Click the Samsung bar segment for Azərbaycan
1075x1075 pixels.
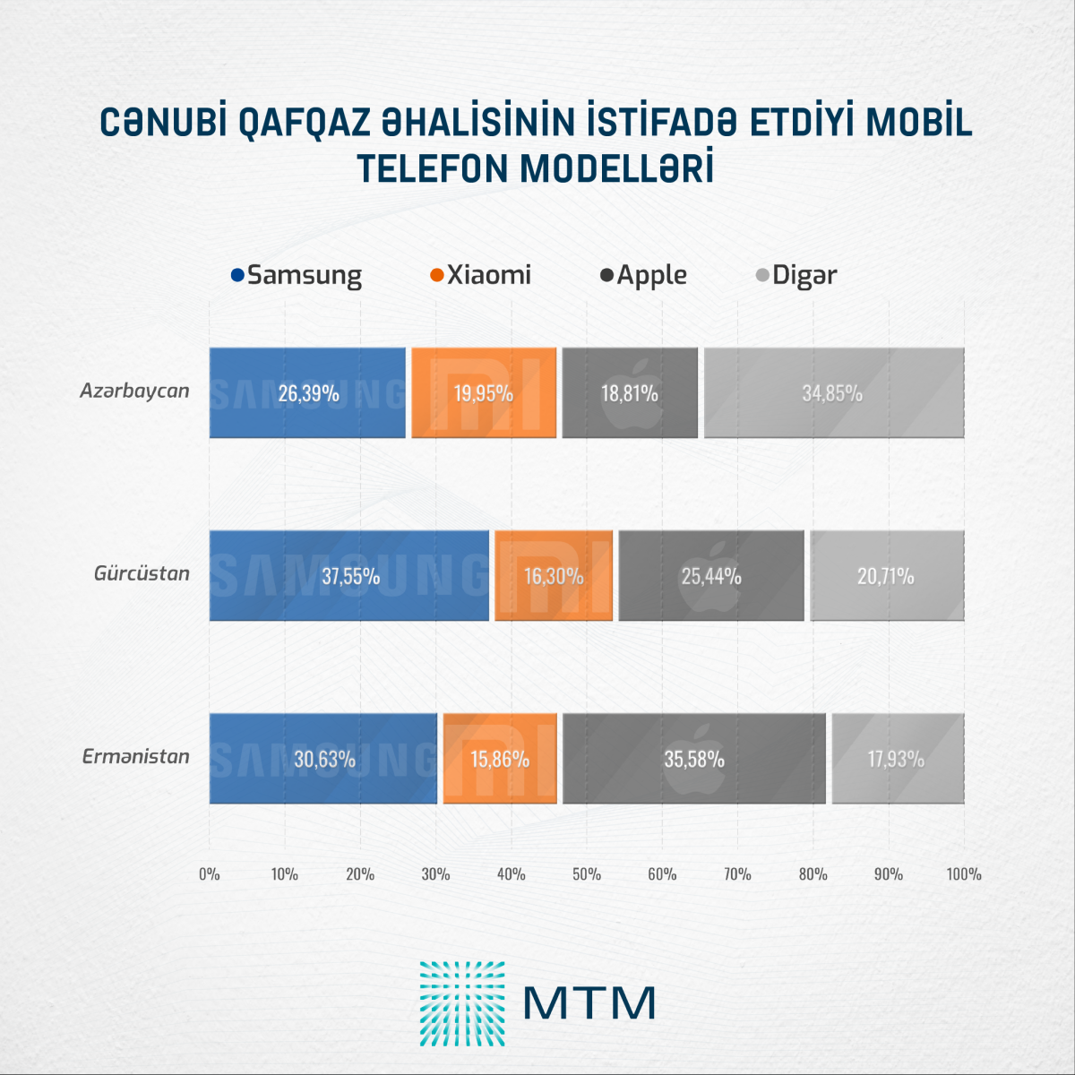pos(307,392)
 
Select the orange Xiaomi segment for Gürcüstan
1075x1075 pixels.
pos(554,575)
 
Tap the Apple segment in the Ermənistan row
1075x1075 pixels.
pos(694,759)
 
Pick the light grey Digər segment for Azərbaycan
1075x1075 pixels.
pos(833,392)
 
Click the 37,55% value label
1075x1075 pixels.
pos(351,576)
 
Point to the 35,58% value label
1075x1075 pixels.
pos(694,760)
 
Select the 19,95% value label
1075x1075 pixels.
pos(484,393)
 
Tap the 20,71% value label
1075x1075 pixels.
pos(886,576)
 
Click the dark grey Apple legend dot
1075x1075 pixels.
pos(606,275)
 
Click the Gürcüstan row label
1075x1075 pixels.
pos(142,573)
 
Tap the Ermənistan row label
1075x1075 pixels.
pos(136,757)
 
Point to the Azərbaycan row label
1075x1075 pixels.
pos(134,391)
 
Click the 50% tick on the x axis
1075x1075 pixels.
pos(587,874)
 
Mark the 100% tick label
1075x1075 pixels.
pos(964,874)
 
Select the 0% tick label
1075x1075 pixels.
pos(210,874)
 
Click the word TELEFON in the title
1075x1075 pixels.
pos(433,169)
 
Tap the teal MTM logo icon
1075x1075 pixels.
pos(462,1003)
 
